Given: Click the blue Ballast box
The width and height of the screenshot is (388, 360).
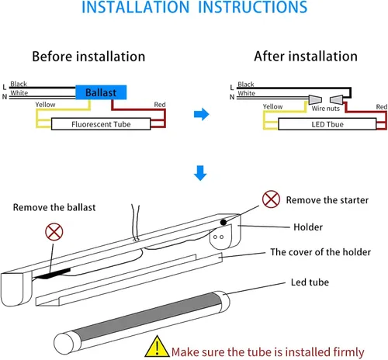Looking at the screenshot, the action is point(101,92).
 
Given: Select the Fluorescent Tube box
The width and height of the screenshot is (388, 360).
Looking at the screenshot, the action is point(101,124).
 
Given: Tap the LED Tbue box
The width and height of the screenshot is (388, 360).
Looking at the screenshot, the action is point(327,124).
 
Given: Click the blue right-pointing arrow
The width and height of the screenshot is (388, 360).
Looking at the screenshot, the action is point(201,114).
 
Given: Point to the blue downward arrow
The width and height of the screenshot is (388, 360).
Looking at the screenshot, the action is point(200,173).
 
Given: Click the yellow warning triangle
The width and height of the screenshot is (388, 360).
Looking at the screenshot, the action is point(157,347).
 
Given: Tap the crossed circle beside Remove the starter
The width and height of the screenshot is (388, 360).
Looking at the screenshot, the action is point(271,199).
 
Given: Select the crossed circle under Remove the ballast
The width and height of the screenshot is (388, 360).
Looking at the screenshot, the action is point(54,232).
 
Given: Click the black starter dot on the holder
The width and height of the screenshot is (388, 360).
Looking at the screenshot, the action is point(223,222).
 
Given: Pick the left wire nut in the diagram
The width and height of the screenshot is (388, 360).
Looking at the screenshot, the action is point(315,99).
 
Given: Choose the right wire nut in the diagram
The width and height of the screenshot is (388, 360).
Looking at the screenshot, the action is point(337,99).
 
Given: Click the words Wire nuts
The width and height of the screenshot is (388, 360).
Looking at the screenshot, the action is point(325,109).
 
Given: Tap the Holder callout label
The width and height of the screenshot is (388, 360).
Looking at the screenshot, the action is point(308,227).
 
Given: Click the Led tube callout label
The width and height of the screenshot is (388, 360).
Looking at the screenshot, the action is point(310,282).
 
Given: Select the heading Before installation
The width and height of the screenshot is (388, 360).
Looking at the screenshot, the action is point(88,57).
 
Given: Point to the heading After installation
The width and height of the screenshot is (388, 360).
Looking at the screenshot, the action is point(306,56).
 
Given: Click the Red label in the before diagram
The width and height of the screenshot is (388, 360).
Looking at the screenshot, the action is point(160,105).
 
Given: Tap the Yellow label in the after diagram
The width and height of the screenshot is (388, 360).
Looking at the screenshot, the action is point(272,107).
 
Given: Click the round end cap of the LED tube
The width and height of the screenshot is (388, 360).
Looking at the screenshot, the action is point(64,344).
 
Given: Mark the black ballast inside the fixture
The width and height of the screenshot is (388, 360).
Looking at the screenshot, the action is point(54,274).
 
